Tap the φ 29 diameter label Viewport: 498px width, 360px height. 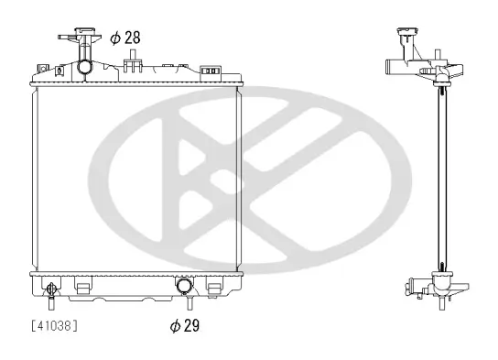(184, 324)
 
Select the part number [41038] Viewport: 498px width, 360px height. (54, 325)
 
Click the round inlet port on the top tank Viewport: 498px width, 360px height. (84, 67)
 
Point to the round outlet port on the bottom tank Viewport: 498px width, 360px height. (184, 285)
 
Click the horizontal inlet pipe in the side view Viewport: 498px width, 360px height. (392, 66)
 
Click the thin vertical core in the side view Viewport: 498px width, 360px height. (442, 174)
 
